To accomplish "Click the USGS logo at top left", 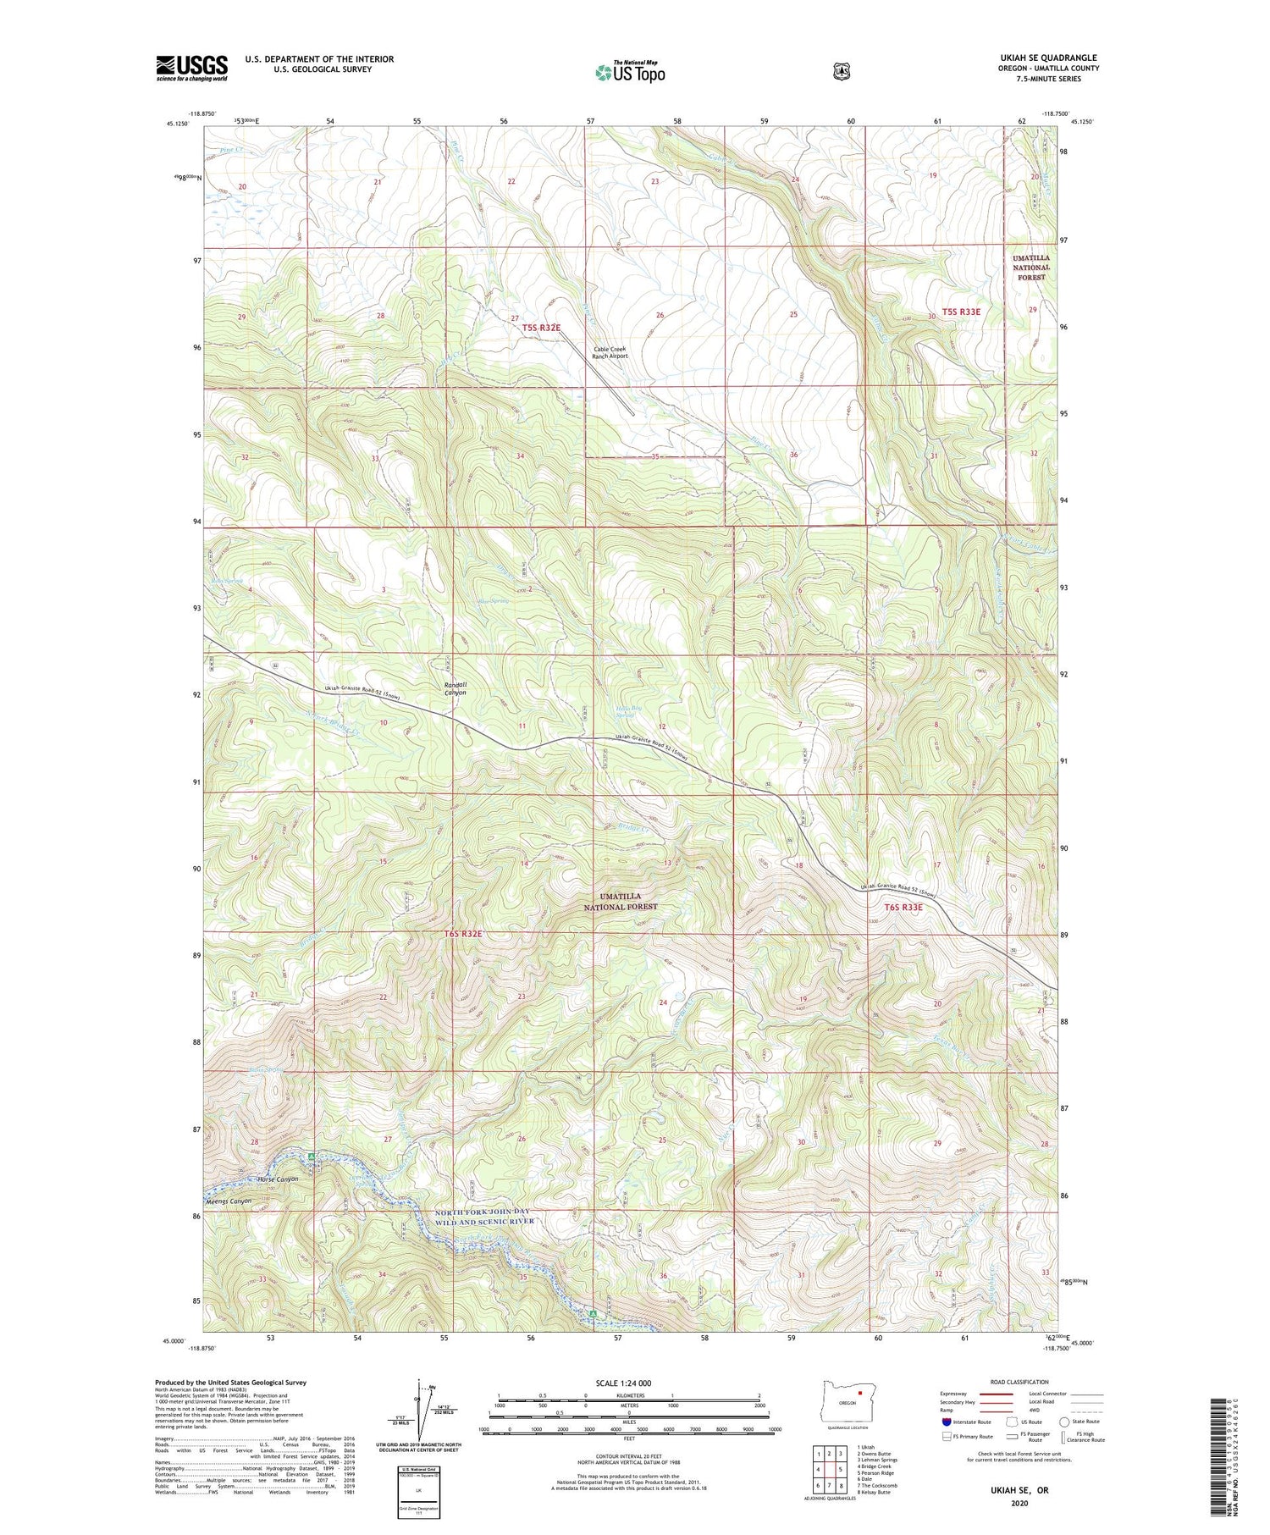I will coord(191,68).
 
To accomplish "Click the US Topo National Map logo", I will coord(630,71).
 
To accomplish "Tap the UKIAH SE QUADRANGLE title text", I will coord(1048,58).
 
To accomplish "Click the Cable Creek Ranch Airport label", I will coord(610,353).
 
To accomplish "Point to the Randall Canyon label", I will coord(456,688).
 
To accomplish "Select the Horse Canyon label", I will coord(278,1179).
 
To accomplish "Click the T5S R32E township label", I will coord(541,327).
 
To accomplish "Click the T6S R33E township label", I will coord(903,907).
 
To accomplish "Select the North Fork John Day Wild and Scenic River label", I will coord(484,1217).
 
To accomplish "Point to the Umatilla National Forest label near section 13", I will coord(621,901).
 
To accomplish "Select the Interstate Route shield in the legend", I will coord(947,1422).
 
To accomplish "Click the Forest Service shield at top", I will coord(840,72).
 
